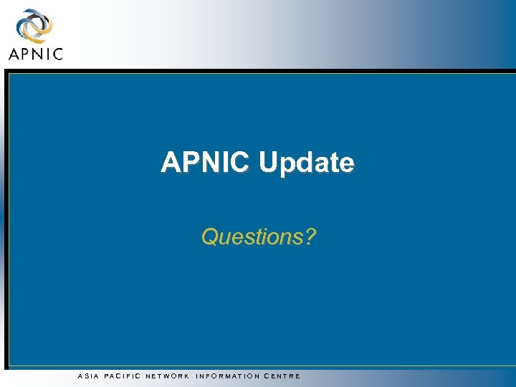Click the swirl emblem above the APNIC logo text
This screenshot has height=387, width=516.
(33, 26)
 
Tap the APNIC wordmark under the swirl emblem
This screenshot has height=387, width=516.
(36, 53)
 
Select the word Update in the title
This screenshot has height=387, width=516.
(307, 163)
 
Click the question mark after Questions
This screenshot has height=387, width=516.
(310, 236)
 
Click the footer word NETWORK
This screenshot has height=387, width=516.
(167, 376)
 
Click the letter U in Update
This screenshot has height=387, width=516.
(268, 163)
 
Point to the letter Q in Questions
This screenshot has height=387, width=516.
(210, 236)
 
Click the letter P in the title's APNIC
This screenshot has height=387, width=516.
(188, 163)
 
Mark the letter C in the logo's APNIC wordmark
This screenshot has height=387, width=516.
(57, 53)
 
